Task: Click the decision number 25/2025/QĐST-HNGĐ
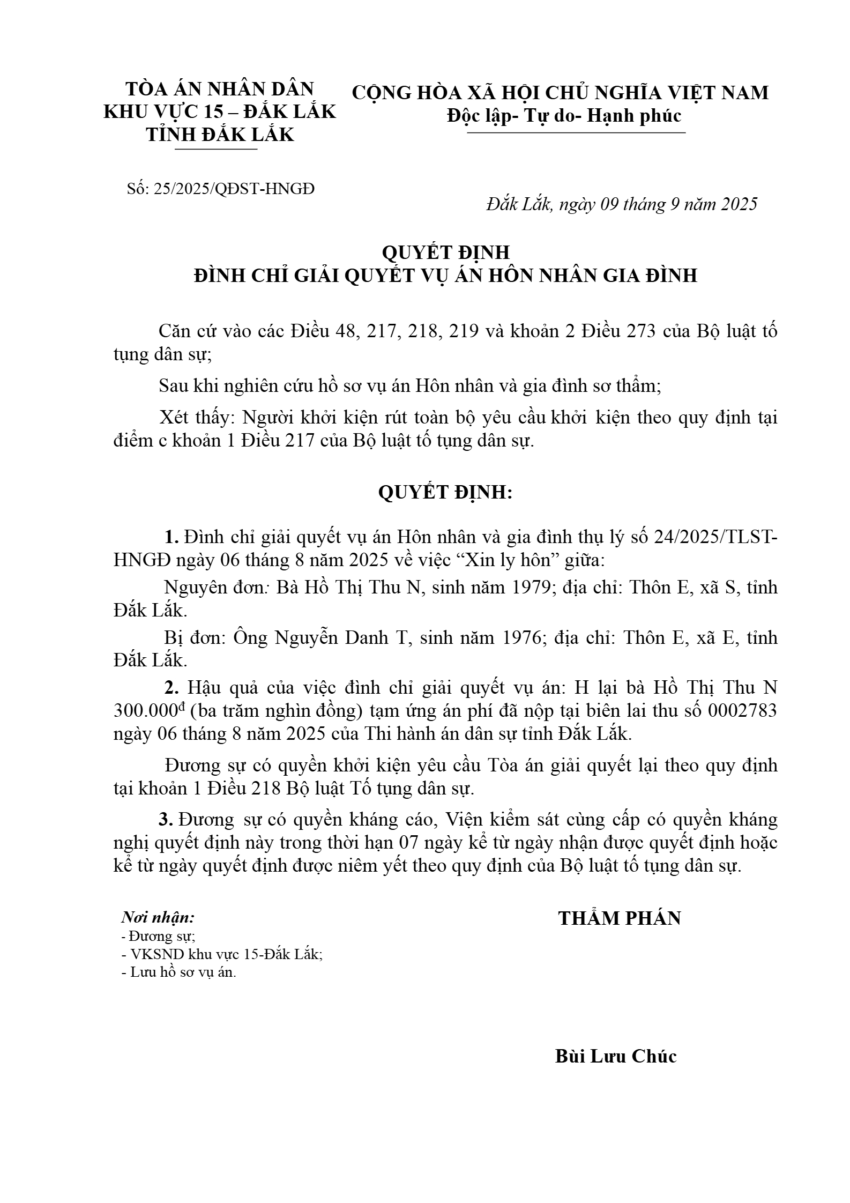[x=234, y=189]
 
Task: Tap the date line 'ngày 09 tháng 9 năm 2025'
[x=658, y=204]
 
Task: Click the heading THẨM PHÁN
[x=619, y=918]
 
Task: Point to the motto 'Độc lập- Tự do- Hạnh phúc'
[x=564, y=116]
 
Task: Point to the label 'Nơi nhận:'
[x=158, y=917]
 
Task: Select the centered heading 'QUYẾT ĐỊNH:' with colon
[x=445, y=492]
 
